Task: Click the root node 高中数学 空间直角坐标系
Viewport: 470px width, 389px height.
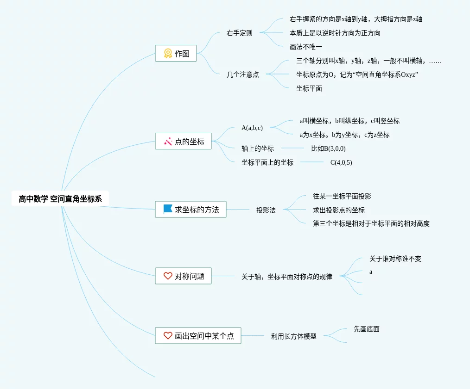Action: [x=60, y=199]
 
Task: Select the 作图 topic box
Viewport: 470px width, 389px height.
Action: [x=176, y=53]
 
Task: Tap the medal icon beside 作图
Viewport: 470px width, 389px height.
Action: [x=168, y=53]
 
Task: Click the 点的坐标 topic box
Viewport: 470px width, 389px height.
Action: [x=183, y=142]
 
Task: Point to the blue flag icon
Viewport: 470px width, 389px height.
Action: [x=168, y=209]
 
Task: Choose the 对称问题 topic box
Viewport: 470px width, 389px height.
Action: [x=183, y=276]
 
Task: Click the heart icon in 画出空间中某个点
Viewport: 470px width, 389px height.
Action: [x=168, y=335]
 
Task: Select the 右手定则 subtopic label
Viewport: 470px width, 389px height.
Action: [x=240, y=33]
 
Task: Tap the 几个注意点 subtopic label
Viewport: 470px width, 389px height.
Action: [x=243, y=74]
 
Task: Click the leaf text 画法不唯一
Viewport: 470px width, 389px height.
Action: [x=306, y=47]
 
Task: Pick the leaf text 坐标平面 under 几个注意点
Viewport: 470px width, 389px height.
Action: [x=309, y=88]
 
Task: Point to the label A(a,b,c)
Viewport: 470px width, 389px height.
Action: [x=252, y=128]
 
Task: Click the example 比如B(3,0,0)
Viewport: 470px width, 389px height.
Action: [x=328, y=148]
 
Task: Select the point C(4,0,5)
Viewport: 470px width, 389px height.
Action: [x=341, y=162]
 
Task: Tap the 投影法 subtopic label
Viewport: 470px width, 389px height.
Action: [x=266, y=210]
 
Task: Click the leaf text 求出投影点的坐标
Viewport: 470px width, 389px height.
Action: [x=339, y=210]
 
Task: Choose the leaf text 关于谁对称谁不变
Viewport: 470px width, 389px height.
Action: [x=395, y=259]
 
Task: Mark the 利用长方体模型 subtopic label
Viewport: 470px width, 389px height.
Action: [x=294, y=336]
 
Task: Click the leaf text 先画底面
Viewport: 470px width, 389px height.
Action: [x=367, y=329]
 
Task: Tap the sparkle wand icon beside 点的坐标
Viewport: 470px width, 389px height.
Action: [x=168, y=142]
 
